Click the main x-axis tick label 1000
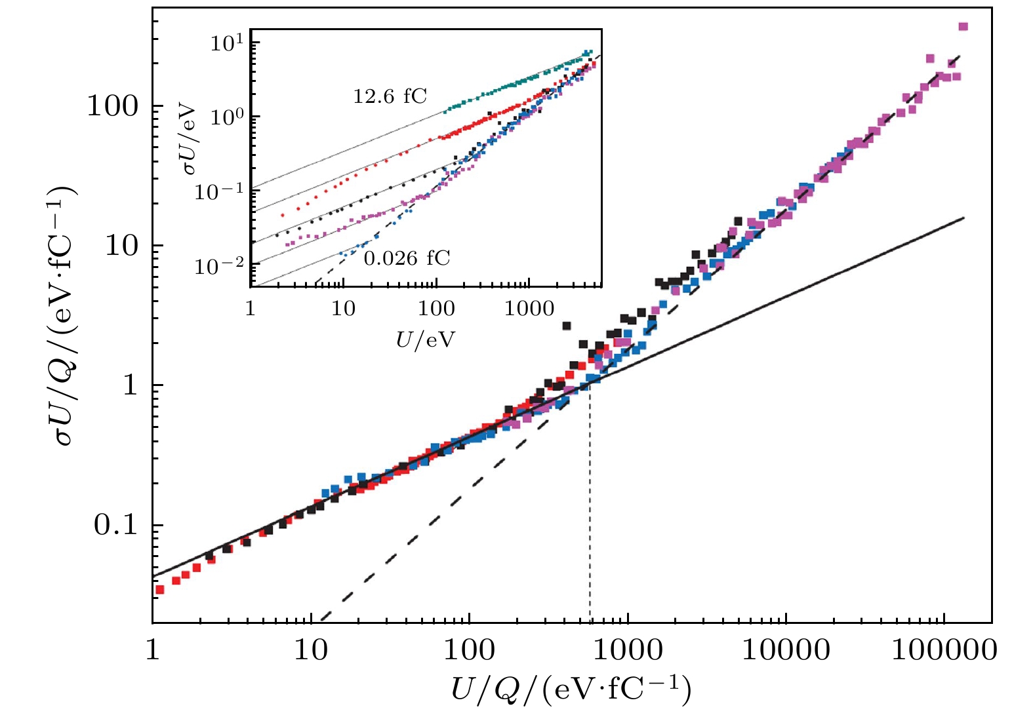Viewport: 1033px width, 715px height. point(628,650)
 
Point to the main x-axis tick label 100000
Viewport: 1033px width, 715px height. point(944,650)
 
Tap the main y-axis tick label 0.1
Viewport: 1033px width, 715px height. point(115,525)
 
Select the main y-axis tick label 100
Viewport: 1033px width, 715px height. point(112,106)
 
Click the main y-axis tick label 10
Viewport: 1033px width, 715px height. point(121,246)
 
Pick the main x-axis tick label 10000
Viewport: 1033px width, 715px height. point(786,650)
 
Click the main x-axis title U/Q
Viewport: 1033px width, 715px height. point(571,690)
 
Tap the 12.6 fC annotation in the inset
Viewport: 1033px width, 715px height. point(390,97)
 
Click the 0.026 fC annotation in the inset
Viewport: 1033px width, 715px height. point(407,258)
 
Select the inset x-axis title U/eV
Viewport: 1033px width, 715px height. point(425,339)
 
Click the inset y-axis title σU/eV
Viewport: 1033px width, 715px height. point(190,138)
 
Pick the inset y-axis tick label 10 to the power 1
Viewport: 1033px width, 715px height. point(227,43)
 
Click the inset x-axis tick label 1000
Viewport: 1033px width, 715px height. point(529,308)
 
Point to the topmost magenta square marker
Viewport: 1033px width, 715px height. point(963,27)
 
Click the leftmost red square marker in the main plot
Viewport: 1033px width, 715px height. point(159,590)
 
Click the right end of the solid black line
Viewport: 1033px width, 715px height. point(963,218)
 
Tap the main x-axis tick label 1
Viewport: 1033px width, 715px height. point(152,650)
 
